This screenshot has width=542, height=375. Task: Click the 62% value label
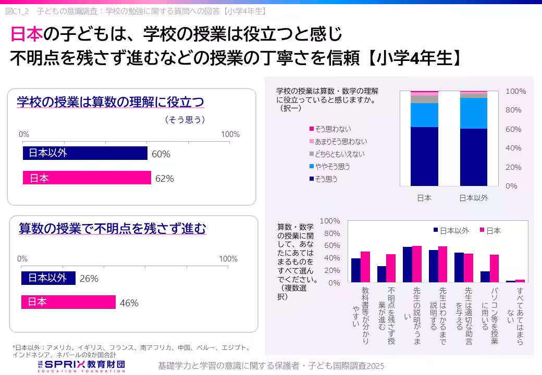coord(164,179)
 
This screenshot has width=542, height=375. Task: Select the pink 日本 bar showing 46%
coord(68,303)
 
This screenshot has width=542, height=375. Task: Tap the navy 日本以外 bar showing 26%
coord(48,278)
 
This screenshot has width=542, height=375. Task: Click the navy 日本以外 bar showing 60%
coord(85,153)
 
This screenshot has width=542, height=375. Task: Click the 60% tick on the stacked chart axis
coord(513,129)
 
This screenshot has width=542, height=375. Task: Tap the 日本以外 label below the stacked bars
coord(473,198)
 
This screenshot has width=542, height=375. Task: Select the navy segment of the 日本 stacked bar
coord(424,156)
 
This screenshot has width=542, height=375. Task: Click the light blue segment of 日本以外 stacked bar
coord(473,113)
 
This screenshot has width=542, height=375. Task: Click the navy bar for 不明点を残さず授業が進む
coord(381,274)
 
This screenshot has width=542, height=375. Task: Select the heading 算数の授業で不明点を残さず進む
coord(113,228)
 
